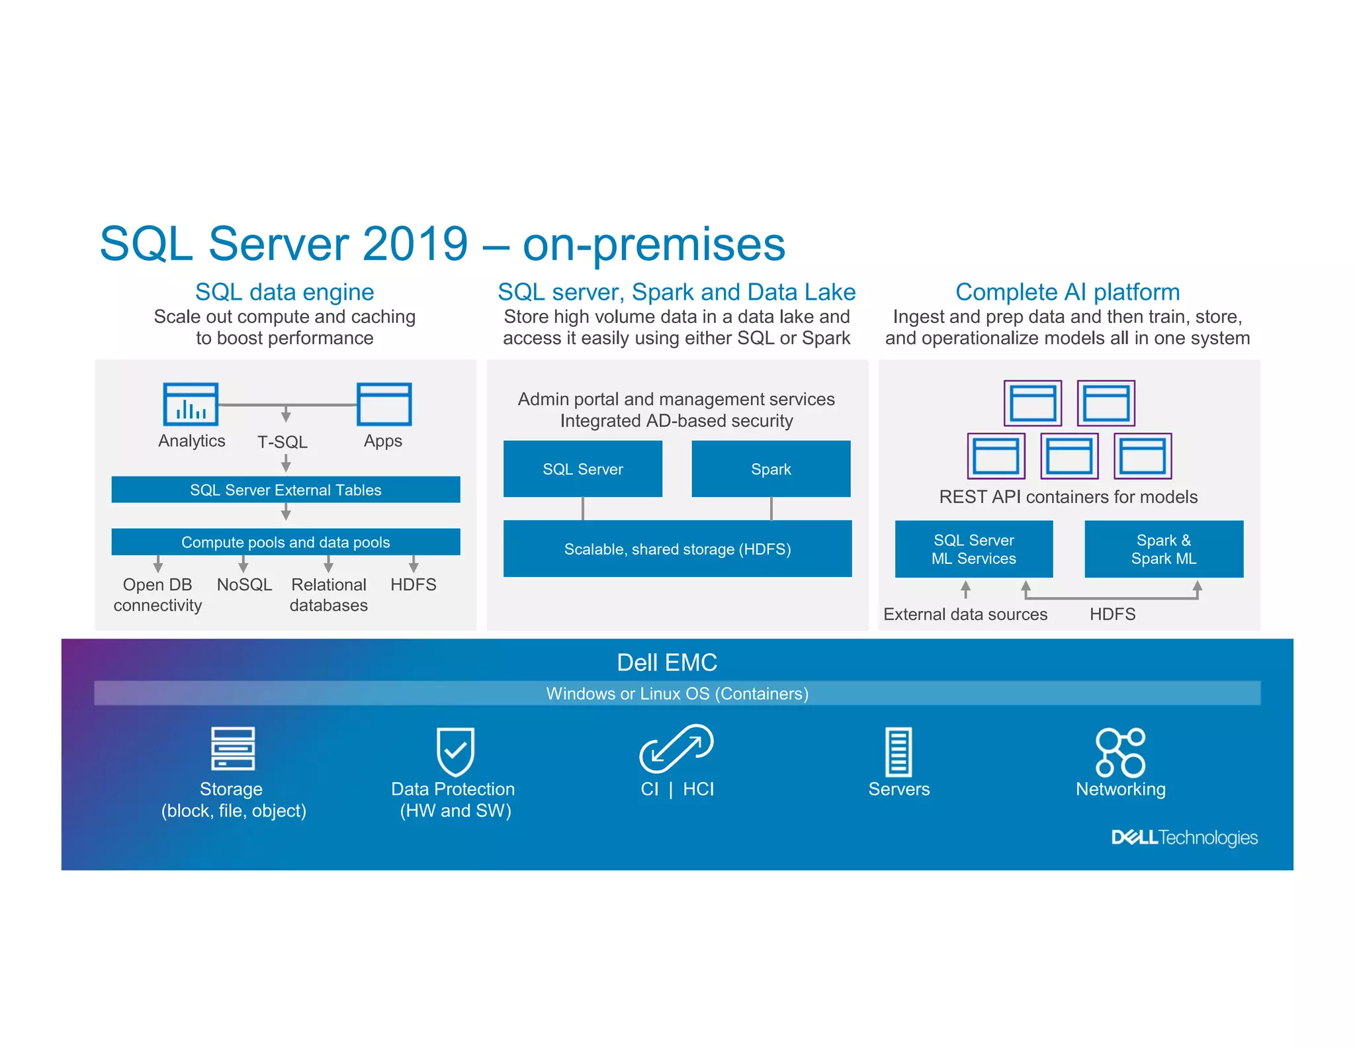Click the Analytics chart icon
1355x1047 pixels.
191,404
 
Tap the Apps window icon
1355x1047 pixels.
384,404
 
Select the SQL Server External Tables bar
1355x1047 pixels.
285,490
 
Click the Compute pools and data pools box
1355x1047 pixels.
285,542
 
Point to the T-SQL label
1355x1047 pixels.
283,442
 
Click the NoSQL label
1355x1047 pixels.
244,585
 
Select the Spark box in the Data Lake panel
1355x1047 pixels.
771,469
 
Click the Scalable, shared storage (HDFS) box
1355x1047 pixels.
677,549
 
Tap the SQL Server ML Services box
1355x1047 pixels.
973,549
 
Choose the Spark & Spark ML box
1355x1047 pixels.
1163,549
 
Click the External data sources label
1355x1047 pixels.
965,615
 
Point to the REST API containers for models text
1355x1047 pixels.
1068,497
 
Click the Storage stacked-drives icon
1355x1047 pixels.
232,749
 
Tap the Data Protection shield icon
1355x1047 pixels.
455,751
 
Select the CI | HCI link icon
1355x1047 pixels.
676,749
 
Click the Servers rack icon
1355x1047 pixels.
898,752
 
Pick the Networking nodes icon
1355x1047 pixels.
1120,752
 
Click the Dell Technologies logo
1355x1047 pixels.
1184,838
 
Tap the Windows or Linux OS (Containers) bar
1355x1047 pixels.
677,694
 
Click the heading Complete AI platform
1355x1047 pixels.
1067,292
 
